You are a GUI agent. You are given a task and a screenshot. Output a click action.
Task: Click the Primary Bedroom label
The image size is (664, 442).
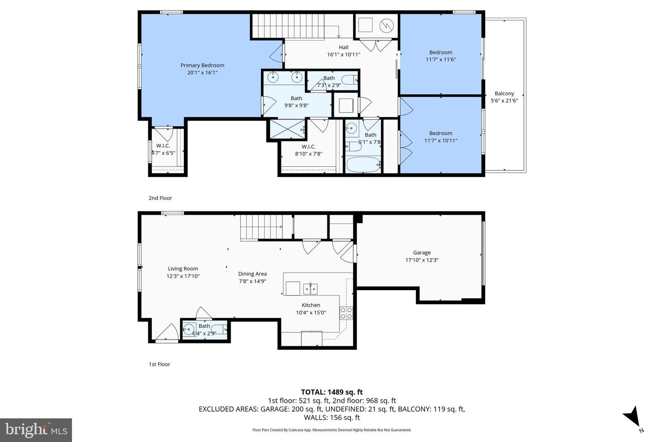click(x=202, y=65)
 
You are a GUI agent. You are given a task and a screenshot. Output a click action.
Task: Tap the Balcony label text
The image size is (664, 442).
click(x=504, y=93)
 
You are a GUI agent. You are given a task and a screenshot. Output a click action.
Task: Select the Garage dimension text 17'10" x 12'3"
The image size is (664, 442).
click(x=421, y=260)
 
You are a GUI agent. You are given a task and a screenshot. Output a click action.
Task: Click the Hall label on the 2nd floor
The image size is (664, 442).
click(x=344, y=47)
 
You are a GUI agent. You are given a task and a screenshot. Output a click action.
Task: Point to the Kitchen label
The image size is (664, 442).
click(x=311, y=305)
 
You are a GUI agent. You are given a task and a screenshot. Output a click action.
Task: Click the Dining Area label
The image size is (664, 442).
click(x=252, y=274)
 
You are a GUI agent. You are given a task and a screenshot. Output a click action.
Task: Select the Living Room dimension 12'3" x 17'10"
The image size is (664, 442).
click(x=183, y=276)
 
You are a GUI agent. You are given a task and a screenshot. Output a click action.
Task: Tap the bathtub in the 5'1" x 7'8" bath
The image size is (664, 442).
click(x=363, y=164)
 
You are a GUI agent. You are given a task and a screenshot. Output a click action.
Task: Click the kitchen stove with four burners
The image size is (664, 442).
click(x=346, y=313)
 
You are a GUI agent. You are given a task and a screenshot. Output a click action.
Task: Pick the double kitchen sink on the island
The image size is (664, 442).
click(x=310, y=289)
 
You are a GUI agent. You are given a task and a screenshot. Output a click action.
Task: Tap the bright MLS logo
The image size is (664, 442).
click(x=36, y=430)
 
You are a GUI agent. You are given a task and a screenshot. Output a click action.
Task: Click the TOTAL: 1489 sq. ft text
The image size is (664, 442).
click(x=332, y=392)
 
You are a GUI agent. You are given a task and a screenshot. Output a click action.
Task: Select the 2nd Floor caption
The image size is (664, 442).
click(x=160, y=198)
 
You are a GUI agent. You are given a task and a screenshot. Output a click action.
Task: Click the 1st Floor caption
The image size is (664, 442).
click(x=159, y=364)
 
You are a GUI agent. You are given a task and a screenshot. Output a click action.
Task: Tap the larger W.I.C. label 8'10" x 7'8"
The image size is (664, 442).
click(x=308, y=150)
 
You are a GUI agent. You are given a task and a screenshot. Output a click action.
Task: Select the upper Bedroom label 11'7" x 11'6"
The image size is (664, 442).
click(x=440, y=56)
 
